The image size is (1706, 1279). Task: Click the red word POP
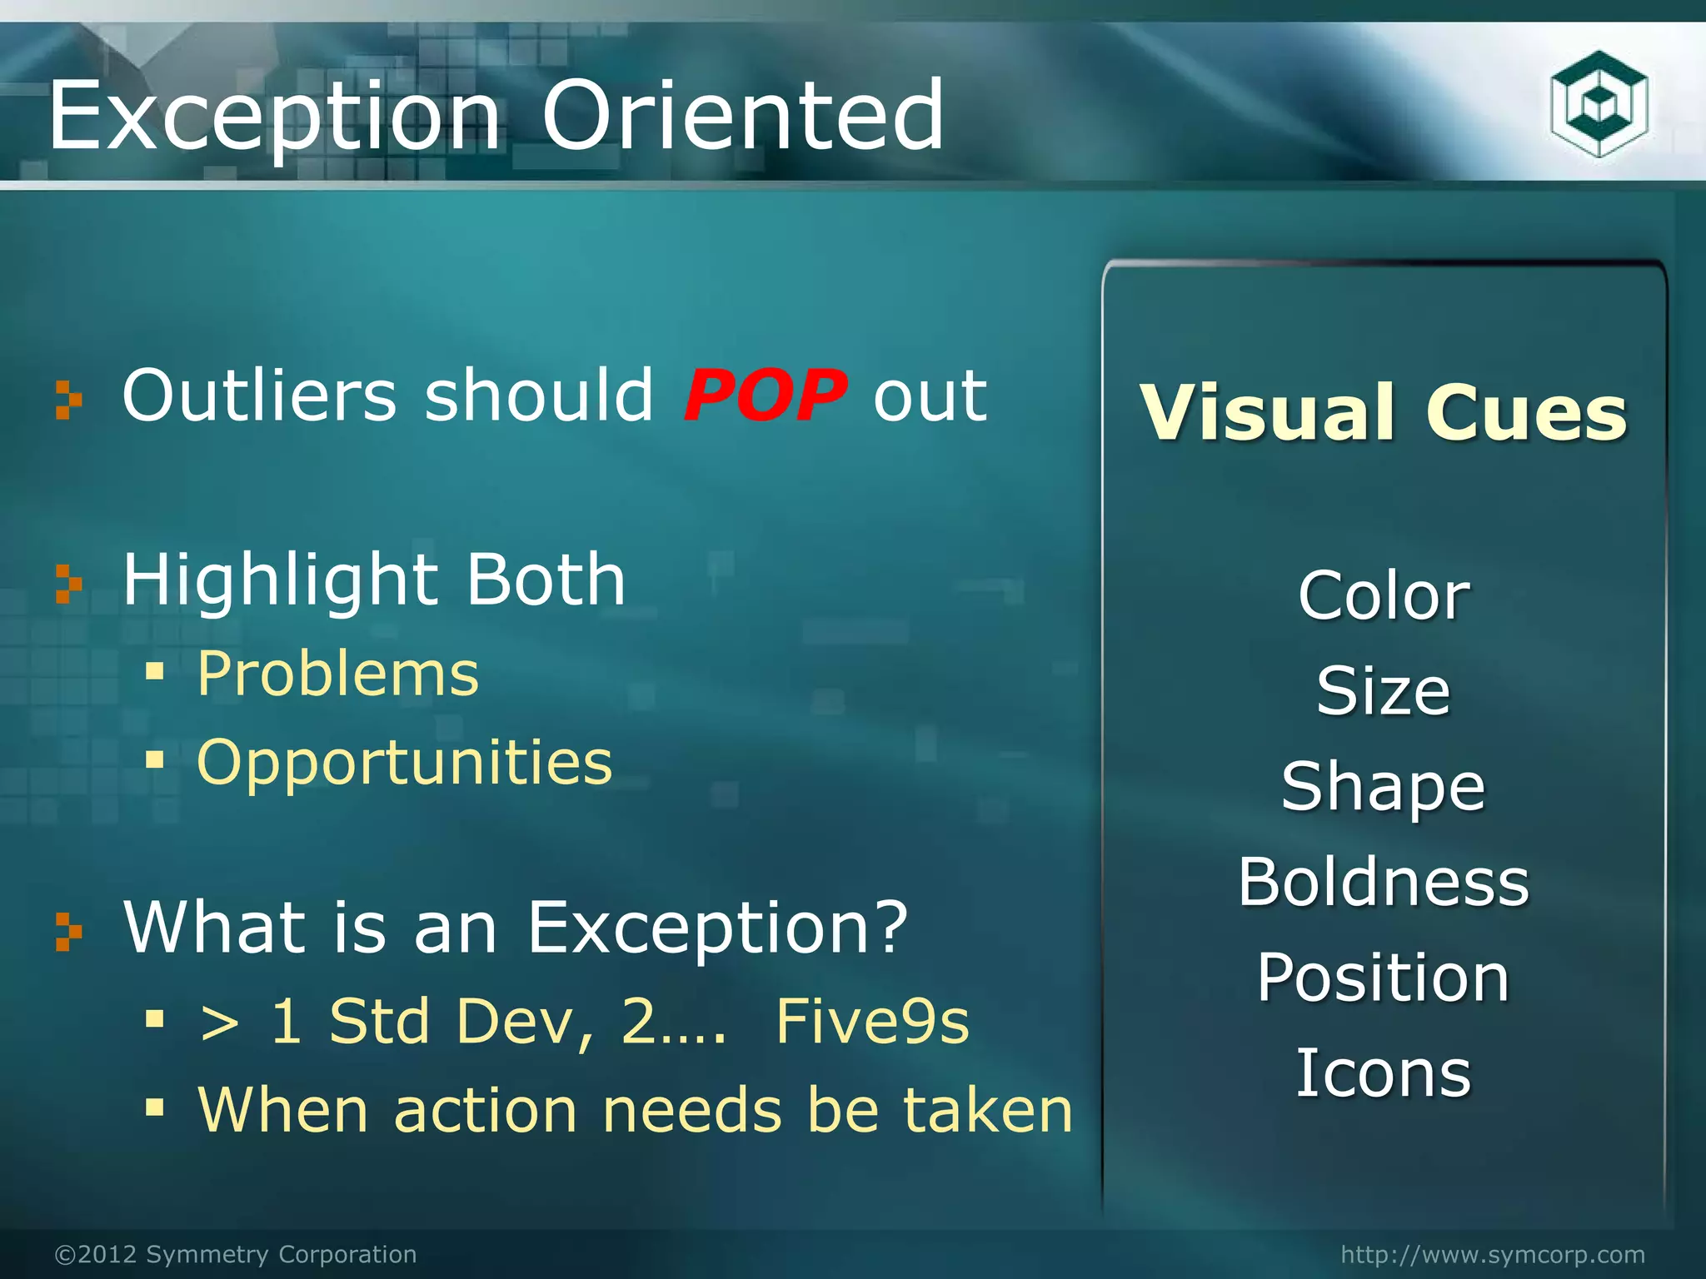[765, 396]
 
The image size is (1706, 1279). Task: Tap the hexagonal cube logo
[1599, 104]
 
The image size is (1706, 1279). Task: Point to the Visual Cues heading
[1383, 412]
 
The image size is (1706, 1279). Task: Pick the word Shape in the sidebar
[1383, 787]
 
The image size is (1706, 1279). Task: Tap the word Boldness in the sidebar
[1383, 882]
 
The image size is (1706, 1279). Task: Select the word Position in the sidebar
[1383, 978]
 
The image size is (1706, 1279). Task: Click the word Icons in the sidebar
[1383, 1073]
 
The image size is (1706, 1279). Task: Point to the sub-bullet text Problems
[338, 674]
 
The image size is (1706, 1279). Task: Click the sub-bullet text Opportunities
[405, 763]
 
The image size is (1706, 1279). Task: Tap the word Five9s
[872, 1022]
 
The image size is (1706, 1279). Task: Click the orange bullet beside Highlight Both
[68, 583]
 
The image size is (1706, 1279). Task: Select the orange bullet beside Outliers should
[68, 400]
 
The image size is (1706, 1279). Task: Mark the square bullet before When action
[154, 1107]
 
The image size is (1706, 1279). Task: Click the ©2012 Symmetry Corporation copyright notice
[236, 1254]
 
